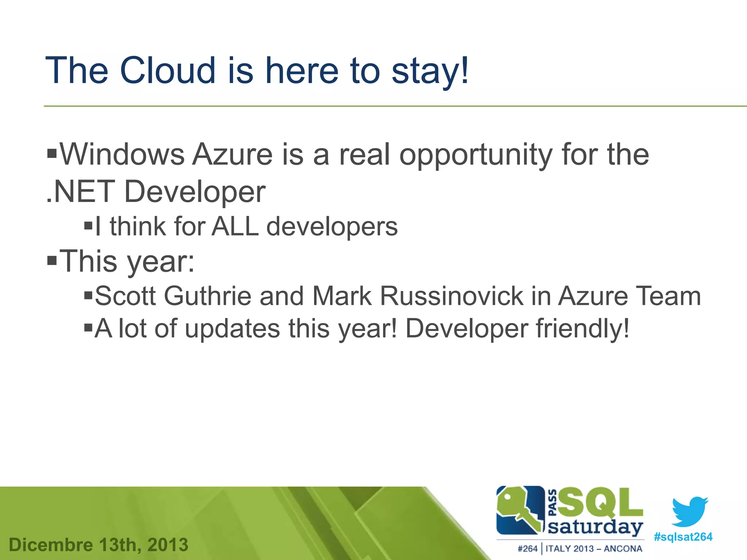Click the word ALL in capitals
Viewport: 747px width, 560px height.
click(235, 226)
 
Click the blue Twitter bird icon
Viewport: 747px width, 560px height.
click(690, 511)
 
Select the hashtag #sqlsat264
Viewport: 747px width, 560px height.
click(683, 537)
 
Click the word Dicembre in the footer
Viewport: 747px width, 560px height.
click(51, 545)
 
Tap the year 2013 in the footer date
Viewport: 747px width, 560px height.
click(168, 545)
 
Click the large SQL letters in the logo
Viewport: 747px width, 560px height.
click(600, 503)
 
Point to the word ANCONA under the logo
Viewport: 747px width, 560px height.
click(623, 549)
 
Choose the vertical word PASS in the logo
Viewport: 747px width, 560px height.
click(553, 503)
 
